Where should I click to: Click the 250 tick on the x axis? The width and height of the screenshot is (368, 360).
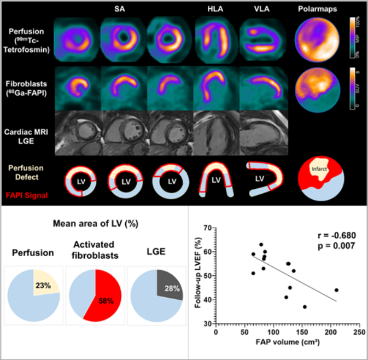pos(359,332)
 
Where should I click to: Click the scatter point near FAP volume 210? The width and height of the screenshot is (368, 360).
pos(337,290)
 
